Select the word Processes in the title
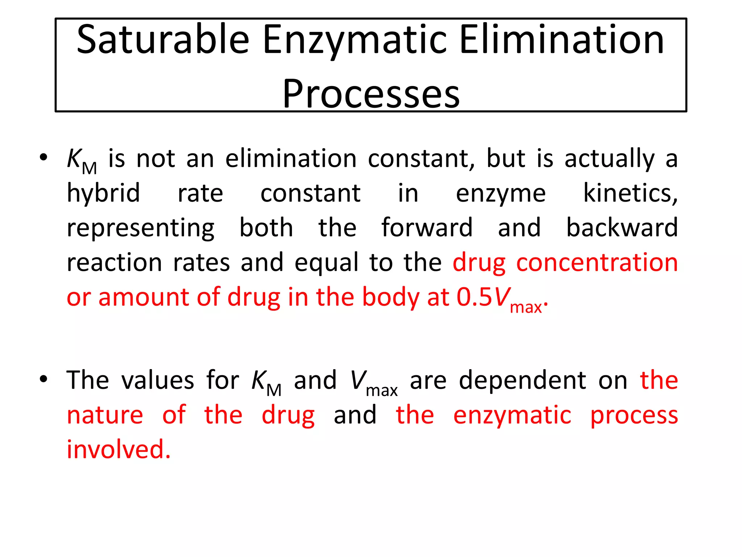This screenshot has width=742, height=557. pyautogui.click(x=371, y=93)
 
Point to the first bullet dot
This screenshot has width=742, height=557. pyautogui.click(x=43, y=158)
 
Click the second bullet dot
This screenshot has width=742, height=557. pyautogui.click(x=43, y=379)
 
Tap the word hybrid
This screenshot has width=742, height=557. pyautogui.click(x=103, y=193)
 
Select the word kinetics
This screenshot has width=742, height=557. pyautogui.click(x=630, y=193)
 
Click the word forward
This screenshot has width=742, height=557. pyautogui.click(x=427, y=228)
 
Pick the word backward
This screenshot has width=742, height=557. pyautogui.click(x=622, y=228)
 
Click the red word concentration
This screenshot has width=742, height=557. pyautogui.click(x=597, y=263)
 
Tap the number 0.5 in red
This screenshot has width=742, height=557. pyautogui.click(x=474, y=297)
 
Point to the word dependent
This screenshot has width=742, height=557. pyautogui.click(x=522, y=380)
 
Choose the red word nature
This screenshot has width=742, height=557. pyautogui.click(x=105, y=415)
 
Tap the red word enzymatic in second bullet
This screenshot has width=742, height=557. pyautogui.click(x=512, y=415)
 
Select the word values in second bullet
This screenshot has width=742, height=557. pyautogui.click(x=158, y=380)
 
